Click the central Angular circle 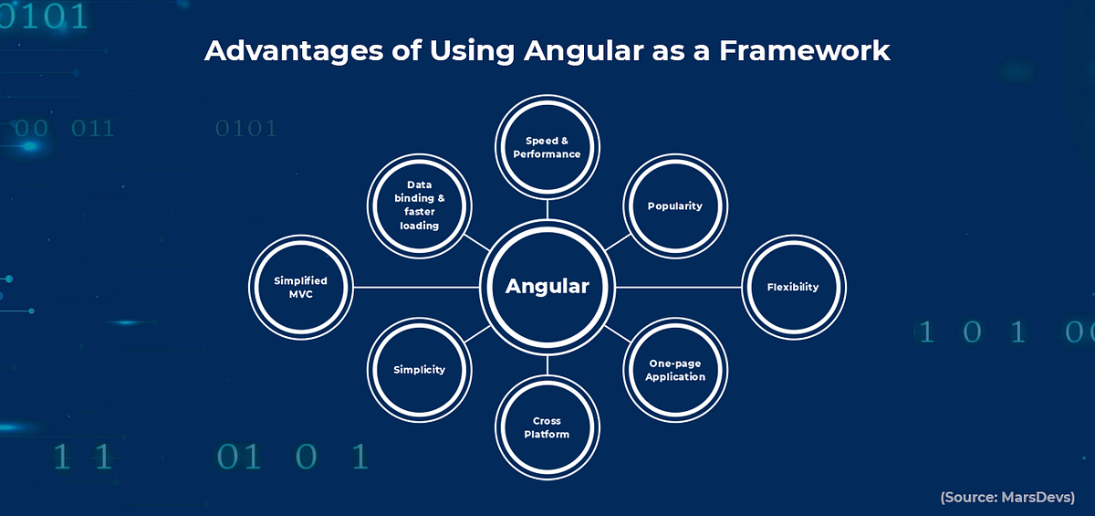(547, 287)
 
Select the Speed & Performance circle (547, 147)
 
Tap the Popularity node (675, 205)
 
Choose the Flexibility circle (793, 287)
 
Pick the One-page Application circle (675, 370)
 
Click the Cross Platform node (547, 427)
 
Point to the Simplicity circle (420, 370)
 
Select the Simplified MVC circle (301, 287)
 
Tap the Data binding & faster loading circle (418, 205)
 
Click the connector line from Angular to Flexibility (680, 287)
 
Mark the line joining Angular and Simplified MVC (415, 287)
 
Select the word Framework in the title (804, 50)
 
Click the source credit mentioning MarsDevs (1007, 498)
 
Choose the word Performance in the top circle (547, 154)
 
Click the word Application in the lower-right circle (675, 377)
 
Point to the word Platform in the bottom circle (547, 435)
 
